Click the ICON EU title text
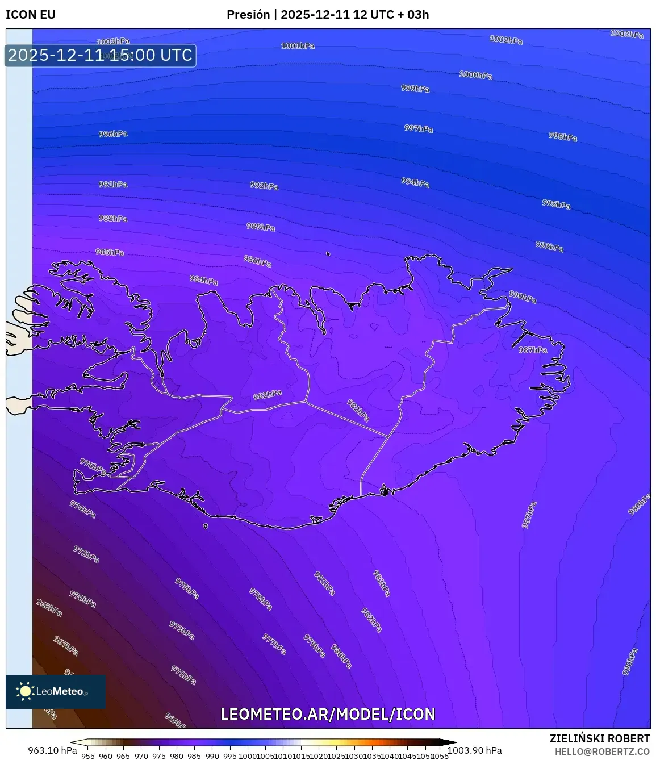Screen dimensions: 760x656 31,15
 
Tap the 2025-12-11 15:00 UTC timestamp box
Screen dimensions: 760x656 101,56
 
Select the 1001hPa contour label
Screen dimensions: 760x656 298,45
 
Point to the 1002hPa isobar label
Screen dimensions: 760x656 505,40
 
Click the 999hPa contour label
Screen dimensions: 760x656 415,89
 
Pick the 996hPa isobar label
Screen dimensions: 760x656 113,134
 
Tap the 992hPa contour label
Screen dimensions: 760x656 264,186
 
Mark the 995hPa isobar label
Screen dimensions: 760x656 556,204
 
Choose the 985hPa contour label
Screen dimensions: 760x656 110,252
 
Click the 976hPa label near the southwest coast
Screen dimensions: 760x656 93,467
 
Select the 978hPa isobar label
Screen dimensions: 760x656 261,599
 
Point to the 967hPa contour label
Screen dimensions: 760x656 66,645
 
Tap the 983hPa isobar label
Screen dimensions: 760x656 382,583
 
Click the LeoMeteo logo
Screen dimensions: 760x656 55,691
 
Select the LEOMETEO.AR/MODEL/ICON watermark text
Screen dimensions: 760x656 328,715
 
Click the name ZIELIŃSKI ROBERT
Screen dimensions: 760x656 599,738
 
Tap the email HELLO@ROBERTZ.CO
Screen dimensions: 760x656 602,751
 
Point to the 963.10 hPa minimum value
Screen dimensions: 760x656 52,750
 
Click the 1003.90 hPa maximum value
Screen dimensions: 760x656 475,750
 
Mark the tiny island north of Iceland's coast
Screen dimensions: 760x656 328,254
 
